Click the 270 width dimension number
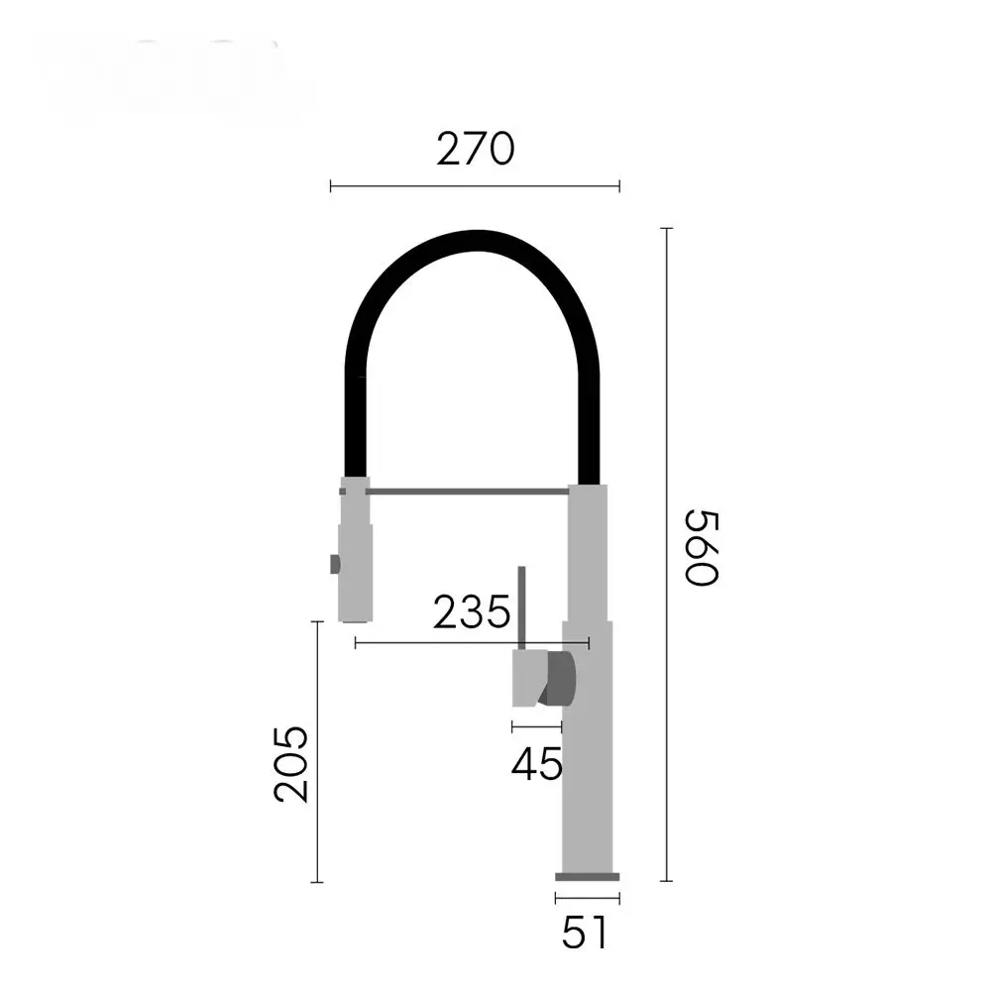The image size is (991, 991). (476, 150)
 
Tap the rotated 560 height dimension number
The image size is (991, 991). (703, 547)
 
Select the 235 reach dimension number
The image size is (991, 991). (472, 611)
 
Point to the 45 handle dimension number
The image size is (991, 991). (536, 763)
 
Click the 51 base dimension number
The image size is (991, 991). (585, 933)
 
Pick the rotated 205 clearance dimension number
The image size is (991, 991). (291, 764)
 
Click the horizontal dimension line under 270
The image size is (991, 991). (475, 186)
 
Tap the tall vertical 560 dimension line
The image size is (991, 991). (666, 554)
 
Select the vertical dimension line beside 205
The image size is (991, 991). (317, 751)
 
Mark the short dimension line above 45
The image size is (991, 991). (536, 726)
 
